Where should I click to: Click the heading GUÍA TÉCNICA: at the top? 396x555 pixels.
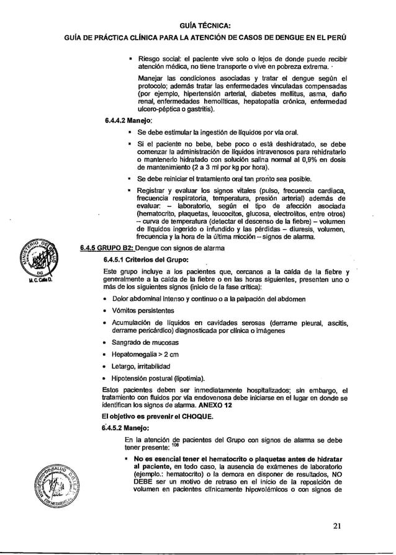[205, 25]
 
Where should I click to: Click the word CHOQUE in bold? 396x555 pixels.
[194, 416]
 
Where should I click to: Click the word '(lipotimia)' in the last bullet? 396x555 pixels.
[185, 378]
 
